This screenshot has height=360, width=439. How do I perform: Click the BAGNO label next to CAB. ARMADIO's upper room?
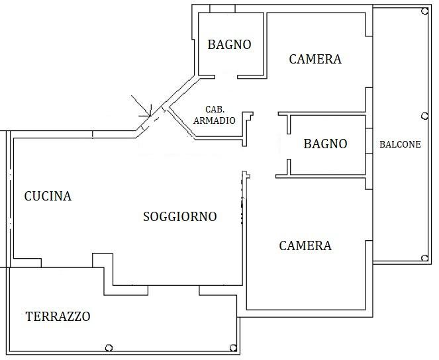pos(229,45)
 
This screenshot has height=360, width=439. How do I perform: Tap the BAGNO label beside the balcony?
pos(324,144)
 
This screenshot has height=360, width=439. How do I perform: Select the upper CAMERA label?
pos(315,59)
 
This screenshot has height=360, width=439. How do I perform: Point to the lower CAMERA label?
pos(305,246)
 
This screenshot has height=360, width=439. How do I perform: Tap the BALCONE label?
pos(400,144)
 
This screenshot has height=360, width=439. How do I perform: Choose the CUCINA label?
pos(48,196)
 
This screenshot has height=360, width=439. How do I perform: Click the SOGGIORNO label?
pos(180,216)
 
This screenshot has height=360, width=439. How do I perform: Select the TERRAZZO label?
pos(58,316)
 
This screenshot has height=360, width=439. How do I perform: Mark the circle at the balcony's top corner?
pos(424,11)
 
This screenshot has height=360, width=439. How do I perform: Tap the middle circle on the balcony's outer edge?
pos(424,116)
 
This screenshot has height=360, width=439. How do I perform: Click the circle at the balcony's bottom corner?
pos(424,258)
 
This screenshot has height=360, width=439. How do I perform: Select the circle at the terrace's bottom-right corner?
pos(232,348)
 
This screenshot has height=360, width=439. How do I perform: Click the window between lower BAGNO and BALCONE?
pos(367,145)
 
